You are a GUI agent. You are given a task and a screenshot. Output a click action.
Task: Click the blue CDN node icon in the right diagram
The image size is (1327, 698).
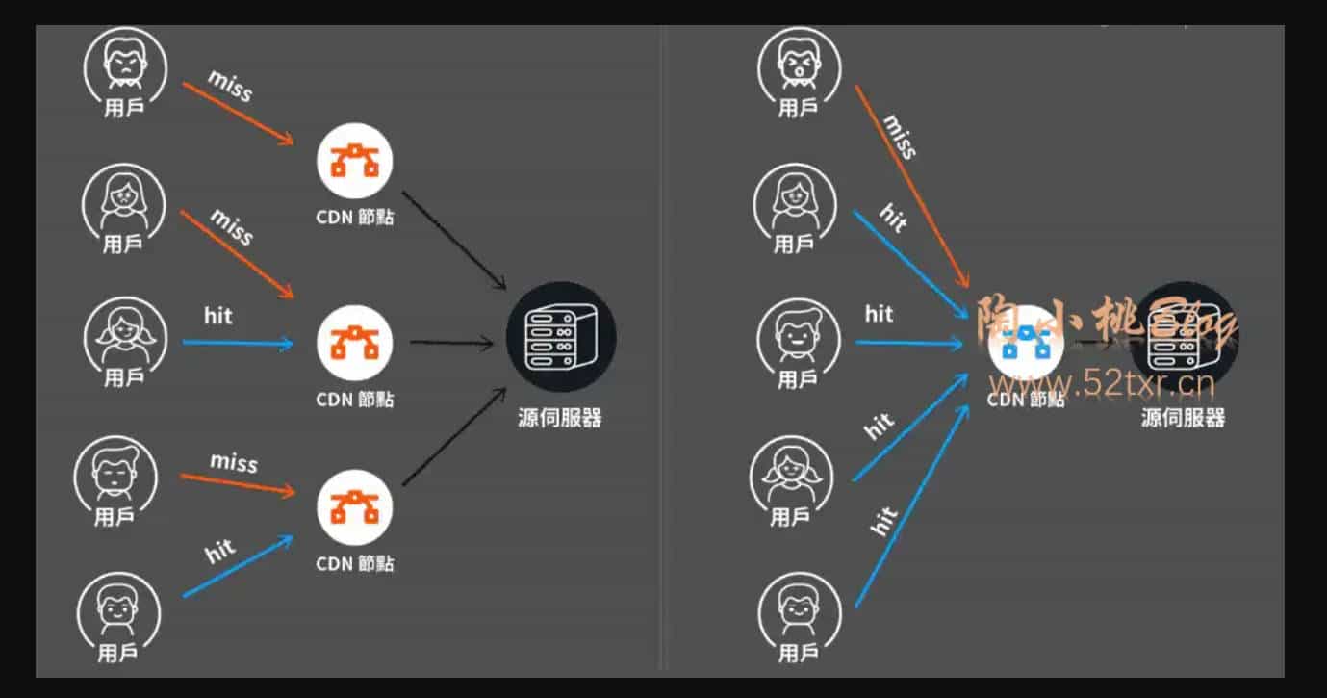[1026, 343]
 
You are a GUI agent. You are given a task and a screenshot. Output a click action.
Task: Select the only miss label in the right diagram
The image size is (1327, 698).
[900, 136]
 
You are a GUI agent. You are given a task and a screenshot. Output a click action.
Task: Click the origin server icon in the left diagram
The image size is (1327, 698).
[561, 336]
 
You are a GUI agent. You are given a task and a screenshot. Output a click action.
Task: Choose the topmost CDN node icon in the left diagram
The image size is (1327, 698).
[355, 161]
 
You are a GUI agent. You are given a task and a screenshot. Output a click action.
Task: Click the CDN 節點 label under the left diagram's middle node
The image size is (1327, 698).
[355, 399]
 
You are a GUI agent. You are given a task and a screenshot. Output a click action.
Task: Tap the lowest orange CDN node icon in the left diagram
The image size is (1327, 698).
[355, 506]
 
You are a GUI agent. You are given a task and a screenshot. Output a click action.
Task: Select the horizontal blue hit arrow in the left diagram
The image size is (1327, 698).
[237, 343]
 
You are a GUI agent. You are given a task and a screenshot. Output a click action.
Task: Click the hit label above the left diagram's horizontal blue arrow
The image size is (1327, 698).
[218, 316]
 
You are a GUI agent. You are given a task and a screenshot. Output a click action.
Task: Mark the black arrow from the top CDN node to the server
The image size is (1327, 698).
[453, 240]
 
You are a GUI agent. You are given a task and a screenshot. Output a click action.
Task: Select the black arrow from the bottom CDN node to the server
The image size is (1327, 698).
[454, 436]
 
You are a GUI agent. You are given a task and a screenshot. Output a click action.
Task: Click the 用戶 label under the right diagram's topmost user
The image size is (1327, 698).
[796, 108]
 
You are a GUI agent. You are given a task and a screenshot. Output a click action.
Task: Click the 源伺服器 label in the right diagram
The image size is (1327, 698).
[1183, 418]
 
